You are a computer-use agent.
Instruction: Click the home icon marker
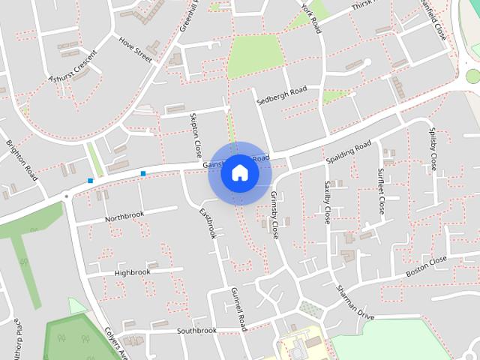point(240,173)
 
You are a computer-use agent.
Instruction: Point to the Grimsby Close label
point(274,216)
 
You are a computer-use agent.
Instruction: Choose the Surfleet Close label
point(380,190)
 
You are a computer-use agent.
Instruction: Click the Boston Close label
point(426,267)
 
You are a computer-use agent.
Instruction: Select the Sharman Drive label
point(354,302)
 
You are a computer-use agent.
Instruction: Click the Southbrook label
point(196,330)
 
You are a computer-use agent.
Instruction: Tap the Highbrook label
point(132,272)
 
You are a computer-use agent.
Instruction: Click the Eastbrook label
point(207,223)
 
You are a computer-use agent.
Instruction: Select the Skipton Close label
point(196,131)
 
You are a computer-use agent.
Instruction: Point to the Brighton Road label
point(22,160)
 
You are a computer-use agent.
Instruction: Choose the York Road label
point(310,17)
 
